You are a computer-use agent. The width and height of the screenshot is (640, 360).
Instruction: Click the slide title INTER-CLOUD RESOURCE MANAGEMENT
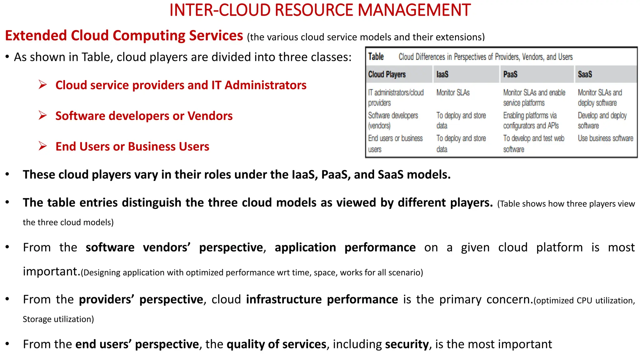[320, 10]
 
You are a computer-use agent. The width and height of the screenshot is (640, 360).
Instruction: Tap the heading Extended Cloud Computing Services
[124, 36]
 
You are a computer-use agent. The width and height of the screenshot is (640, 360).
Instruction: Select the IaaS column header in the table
[442, 74]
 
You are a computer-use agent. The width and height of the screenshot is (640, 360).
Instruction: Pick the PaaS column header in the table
[510, 74]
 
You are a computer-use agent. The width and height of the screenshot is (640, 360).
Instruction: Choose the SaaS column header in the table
[585, 74]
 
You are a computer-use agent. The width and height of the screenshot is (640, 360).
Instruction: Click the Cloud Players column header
[387, 74]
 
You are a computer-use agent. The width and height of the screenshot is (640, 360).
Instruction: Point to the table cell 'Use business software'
[605, 138]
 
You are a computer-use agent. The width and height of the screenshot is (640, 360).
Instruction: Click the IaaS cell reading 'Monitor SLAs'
[453, 93]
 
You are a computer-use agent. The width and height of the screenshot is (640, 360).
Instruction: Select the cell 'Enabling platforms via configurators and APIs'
[531, 121]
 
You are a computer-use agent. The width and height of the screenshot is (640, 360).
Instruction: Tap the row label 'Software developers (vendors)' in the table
[393, 121]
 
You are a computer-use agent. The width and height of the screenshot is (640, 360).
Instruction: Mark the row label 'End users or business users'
[395, 143]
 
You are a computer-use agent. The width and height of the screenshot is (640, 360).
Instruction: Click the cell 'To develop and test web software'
[533, 143]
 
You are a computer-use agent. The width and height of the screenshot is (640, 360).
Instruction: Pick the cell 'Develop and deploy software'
[602, 121]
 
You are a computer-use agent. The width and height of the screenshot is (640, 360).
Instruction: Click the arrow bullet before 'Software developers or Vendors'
[43, 116]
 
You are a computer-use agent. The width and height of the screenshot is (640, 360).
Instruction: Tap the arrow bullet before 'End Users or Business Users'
[43, 146]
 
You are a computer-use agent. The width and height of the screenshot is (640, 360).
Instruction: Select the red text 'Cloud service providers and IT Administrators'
[181, 85]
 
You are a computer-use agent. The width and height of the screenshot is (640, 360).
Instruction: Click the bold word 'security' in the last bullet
[407, 344]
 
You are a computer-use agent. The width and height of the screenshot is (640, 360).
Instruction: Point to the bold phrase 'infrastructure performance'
[322, 300]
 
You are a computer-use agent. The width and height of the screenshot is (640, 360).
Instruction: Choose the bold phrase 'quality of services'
[276, 344]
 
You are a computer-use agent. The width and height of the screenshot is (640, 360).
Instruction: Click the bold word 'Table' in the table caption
[376, 57]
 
